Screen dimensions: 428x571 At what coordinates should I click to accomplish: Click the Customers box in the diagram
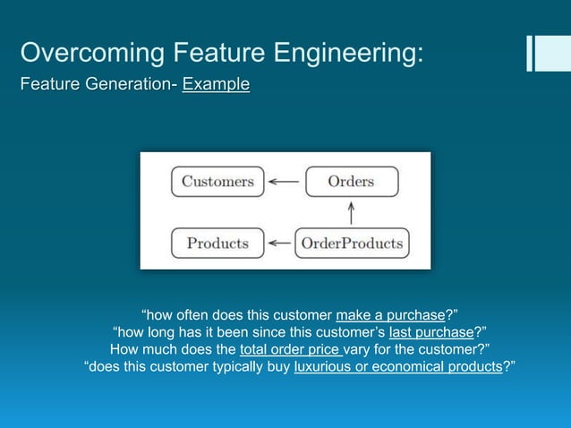coord(217,182)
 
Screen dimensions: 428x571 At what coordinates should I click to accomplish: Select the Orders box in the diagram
coord(351,182)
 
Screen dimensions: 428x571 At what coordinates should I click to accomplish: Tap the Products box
coord(217,243)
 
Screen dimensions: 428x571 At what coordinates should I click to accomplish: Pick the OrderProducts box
coord(352,243)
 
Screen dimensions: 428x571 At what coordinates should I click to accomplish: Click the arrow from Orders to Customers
coord(284,182)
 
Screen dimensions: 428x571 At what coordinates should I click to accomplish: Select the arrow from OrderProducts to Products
coord(280,243)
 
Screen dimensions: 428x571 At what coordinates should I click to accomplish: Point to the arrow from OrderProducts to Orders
coord(351,212)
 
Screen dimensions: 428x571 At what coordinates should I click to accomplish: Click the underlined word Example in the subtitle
coord(216,86)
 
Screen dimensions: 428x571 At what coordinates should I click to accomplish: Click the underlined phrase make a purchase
coord(390,314)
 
